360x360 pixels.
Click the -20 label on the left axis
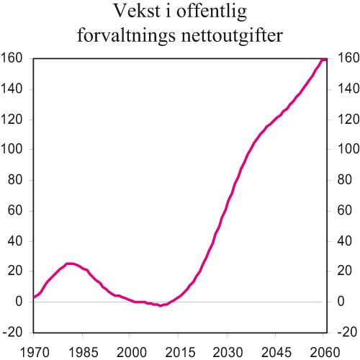(x=13, y=332)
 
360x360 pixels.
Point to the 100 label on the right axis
(x=343, y=150)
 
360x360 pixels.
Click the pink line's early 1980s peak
(x=70, y=264)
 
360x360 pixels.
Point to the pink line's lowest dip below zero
(x=161, y=306)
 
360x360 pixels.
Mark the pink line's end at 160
(x=325, y=59)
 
